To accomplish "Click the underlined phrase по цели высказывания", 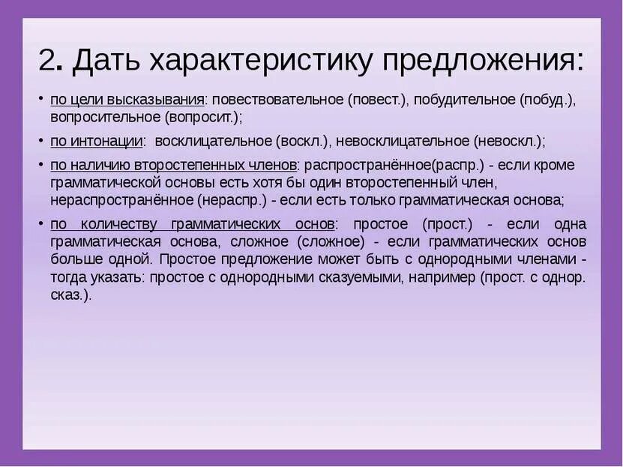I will click(127, 100).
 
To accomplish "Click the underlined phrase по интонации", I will click(97, 141).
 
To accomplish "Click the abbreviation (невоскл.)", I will click(508, 141).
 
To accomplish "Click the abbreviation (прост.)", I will click(447, 225).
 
